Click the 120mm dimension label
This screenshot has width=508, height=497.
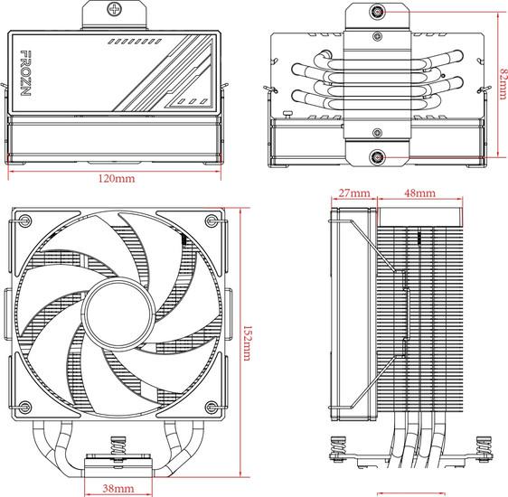click(117, 178)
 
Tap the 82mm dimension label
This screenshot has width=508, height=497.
click(503, 83)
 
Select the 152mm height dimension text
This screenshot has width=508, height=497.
click(247, 343)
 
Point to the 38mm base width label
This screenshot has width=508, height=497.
click(118, 488)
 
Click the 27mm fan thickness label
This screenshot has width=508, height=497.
click(354, 193)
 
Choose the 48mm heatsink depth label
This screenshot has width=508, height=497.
click(420, 193)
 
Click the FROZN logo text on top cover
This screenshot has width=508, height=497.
click(25, 73)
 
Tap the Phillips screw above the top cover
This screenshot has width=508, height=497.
click(114, 9)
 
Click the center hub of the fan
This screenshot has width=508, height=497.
click(118, 314)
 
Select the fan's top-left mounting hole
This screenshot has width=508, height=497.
click(25, 220)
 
